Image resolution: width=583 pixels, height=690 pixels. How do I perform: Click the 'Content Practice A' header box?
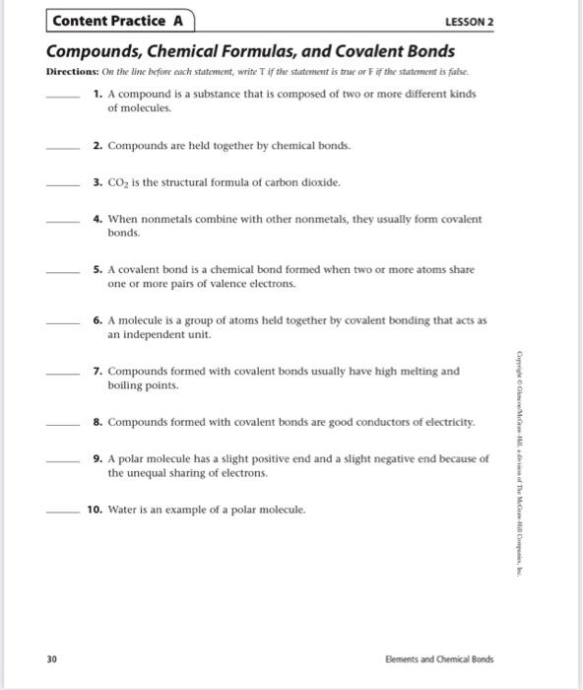tap(120, 21)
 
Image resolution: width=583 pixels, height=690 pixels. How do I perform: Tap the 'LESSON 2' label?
tap(469, 21)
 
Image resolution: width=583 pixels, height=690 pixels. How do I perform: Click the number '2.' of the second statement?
tap(98, 145)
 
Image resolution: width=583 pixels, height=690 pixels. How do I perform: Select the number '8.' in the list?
tap(98, 422)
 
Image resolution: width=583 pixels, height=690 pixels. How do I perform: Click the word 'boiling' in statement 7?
tap(126, 385)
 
